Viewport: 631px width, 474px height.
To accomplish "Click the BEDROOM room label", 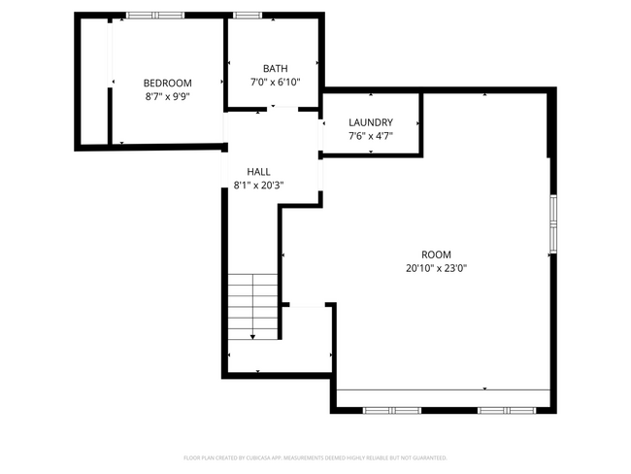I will coord(168,83).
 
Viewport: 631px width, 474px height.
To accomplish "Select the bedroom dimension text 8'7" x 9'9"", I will coord(168,96).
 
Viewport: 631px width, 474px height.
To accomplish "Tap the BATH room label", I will coord(275,68).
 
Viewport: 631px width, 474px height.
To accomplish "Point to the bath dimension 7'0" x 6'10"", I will coord(275,82).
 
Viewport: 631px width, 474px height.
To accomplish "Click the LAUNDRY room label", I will coord(371,122).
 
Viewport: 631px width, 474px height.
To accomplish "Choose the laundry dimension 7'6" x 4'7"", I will coord(371,136).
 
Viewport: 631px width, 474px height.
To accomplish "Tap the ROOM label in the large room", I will coord(436,254).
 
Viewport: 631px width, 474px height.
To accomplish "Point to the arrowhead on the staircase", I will coord(253,336).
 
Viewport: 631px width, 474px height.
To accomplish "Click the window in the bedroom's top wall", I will coord(155,16).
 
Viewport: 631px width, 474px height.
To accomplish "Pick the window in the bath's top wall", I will coord(248,16).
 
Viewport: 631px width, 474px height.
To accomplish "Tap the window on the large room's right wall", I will coord(552,223).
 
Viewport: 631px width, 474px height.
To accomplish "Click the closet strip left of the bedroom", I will coord(95,83).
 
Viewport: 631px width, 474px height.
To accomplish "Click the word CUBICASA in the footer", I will coord(264,457).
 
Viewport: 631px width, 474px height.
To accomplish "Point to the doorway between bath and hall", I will coord(274,110).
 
